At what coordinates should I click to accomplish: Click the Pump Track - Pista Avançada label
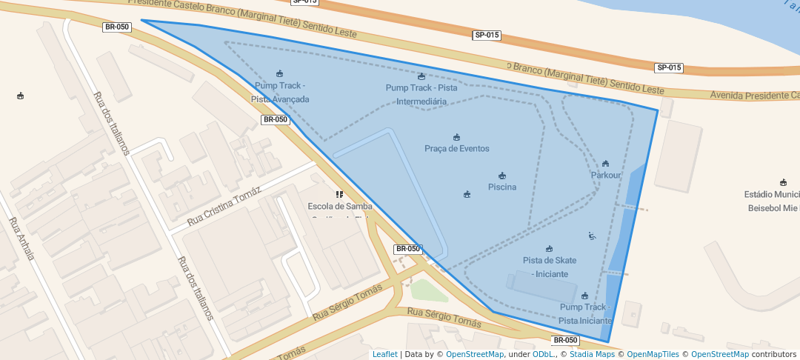point(280,93)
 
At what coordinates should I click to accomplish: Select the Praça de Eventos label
point(456,148)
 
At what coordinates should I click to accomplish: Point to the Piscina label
point(502,187)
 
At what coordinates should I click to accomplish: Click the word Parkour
point(605,175)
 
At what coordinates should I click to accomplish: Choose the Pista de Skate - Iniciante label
point(549,267)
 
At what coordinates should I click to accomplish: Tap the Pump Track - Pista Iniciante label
point(585,313)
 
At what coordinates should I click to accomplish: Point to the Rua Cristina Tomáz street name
point(224,207)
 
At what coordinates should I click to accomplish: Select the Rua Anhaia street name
point(21,239)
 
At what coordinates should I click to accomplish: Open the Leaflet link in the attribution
point(384,354)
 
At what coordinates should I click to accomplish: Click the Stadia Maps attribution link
point(592,354)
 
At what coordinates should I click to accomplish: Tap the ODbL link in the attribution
point(544,354)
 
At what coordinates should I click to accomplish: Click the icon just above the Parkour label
point(605,163)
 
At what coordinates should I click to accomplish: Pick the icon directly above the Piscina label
point(502,176)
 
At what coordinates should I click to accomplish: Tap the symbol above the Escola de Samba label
point(339,194)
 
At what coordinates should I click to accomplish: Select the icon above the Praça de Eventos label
point(456,137)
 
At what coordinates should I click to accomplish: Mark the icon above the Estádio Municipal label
point(783,182)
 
